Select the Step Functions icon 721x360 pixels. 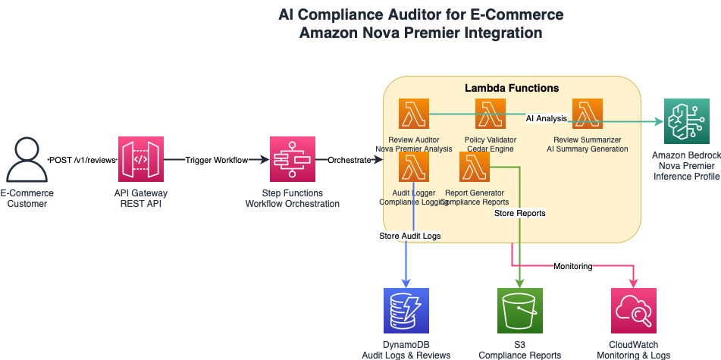293,160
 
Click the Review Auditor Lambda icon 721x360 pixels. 414,114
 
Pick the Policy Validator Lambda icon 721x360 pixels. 490,114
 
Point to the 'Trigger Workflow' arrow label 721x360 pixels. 217,161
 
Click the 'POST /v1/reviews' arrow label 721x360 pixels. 81,161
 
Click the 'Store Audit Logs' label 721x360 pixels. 410,236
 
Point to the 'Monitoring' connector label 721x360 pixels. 573,266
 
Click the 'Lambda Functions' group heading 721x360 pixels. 512,89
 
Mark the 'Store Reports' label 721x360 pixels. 520,213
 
